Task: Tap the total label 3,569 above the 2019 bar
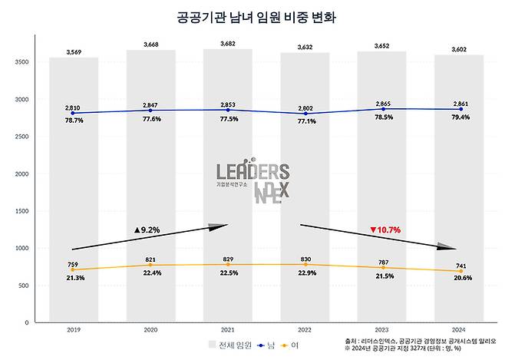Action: click(73, 52)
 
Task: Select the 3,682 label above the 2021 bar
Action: click(227, 44)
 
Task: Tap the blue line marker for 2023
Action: click(381, 109)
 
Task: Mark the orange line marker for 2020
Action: click(150, 266)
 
